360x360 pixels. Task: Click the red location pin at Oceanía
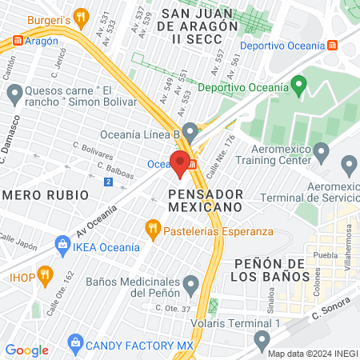click(x=180, y=163)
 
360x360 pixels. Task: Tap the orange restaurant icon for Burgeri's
click(x=80, y=16)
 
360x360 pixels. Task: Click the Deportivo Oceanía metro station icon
click(x=332, y=45)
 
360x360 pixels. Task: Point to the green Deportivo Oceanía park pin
click(x=299, y=83)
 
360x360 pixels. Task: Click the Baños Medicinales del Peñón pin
click(x=190, y=284)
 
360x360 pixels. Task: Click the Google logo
click(x=26, y=350)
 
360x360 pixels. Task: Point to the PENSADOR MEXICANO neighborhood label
click(x=205, y=200)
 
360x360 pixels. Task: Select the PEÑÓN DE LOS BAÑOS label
click(x=272, y=270)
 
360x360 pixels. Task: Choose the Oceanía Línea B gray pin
click(x=190, y=130)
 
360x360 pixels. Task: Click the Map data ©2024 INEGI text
click(x=312, y=353)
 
